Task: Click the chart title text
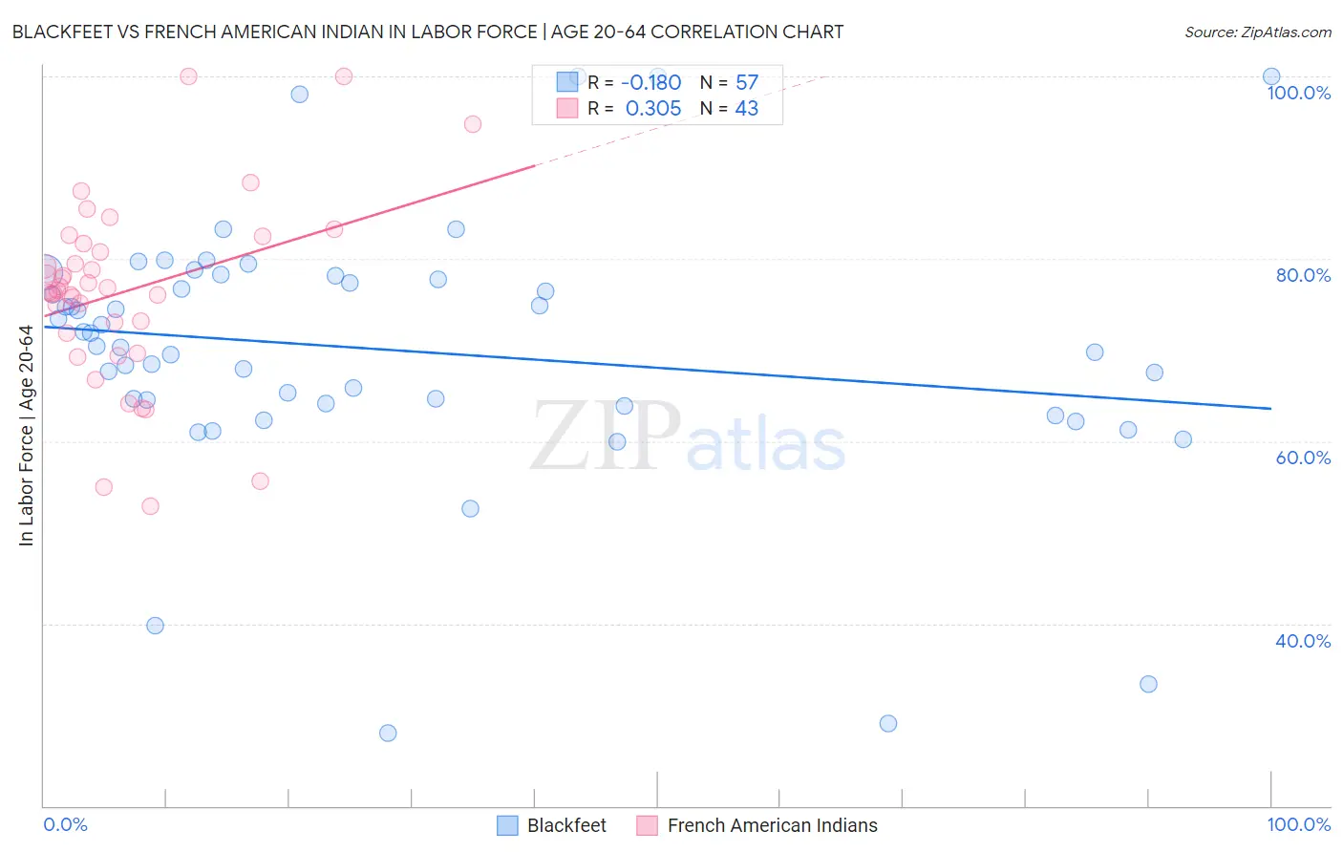pyautogui.click(x=428, y=32)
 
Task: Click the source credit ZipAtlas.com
pyautogui.click(x=1257, y=32)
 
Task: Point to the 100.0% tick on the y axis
pyautogui.click(x=1298, y=93)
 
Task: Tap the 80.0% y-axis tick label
pyautogui.click(x=1303, y=275)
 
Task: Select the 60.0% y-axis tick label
pyautogui.click(x=1303, y=458)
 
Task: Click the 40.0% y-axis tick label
pyautogui.click(x=1303, y=641)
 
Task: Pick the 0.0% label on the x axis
pyautogui.click(x=65, y=824)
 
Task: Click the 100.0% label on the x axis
pyautogui.click(x=1298, y=824)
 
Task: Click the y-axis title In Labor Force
pyautogui.click(x=26, y=436)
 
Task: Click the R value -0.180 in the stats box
pyautogui.click(x=650, y=82)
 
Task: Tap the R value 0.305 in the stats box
pyautogui.click(x=653, y=109)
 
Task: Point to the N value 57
pyautogui.click(x=747, y=82)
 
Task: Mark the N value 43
pyautogui.click(x=747, y=109)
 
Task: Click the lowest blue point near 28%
pyautogui.click(x=388, y=733)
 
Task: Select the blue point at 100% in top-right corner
pyautogui.click(x=1271, y=76)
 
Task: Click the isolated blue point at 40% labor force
pyautogui.click(x=155, y=626)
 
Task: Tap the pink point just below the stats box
pyautogui.click(x=472, y=124)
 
